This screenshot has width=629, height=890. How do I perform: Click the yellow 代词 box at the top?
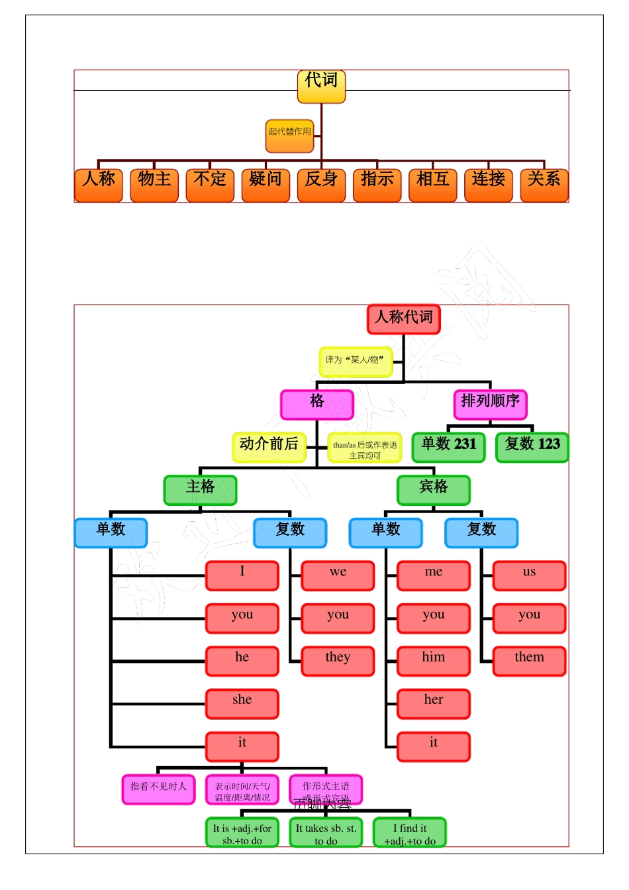click(321, 87)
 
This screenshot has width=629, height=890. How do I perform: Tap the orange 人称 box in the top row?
click(99, 185)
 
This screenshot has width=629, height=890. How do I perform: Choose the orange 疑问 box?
click(266, 185)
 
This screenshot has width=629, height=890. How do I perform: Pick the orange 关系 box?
click(544, 185)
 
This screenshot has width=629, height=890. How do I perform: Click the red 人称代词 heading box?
click(403, 319)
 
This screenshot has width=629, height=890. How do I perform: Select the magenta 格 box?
click(316, 404)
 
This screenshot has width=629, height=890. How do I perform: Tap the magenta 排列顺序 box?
click(490, 404)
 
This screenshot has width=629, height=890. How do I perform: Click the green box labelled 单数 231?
click(448, 447)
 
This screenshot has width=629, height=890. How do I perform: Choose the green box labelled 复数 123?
click(532, 447)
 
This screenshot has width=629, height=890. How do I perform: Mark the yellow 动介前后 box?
click(269, 447)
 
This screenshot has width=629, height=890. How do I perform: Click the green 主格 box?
click(200, 490)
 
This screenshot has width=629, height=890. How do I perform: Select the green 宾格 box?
click(433, 490)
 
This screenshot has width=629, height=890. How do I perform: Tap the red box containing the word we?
click(338, 575)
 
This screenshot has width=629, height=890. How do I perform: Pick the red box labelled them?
click(529, 661)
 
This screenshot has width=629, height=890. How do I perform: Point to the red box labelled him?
click(433, 661)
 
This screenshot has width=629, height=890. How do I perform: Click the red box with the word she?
click(242, 703)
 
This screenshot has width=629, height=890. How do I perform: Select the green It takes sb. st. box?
click(326, 832)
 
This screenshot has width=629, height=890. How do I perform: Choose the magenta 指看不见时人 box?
click(158, 789)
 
